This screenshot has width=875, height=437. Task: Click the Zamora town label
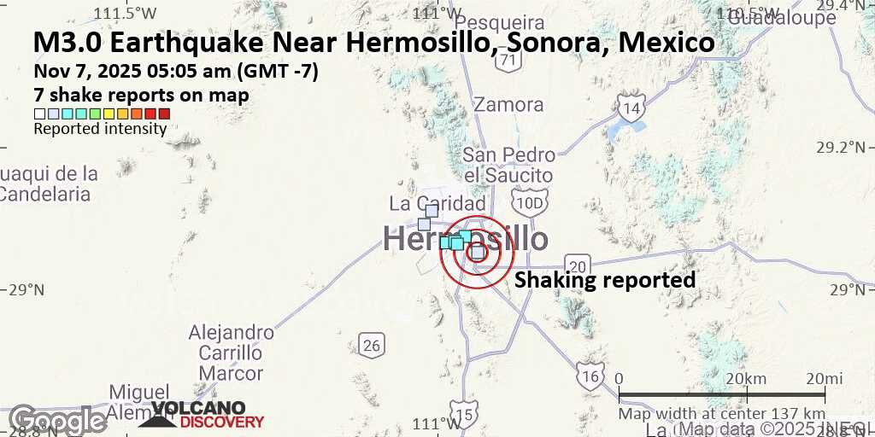508,105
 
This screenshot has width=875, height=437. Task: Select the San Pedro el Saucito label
508,165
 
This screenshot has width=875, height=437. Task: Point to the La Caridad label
437,203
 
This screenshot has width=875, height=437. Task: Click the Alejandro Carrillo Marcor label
231,353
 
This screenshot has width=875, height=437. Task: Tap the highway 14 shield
631,108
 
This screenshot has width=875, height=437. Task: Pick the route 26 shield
371,346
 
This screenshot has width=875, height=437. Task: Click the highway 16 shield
590,377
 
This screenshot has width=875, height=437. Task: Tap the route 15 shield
463,415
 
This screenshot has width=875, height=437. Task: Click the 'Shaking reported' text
604,280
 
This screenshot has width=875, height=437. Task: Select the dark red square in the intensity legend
164,114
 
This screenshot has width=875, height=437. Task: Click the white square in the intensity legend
39,114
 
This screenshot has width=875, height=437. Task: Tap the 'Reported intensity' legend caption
100,129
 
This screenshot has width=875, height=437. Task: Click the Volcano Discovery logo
202,415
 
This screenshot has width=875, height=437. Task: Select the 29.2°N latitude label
842,147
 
